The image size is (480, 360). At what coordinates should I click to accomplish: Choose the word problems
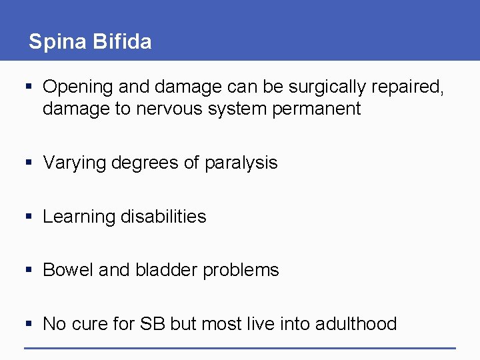(x=241, y=271)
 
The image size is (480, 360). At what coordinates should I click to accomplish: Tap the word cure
(x=91, y=324)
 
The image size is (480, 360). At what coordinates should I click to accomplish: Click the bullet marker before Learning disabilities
(x=29, y=216)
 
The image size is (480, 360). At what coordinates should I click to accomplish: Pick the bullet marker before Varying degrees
(x=29, y=163)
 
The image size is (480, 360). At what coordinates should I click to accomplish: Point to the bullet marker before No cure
(x=29, y=323)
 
